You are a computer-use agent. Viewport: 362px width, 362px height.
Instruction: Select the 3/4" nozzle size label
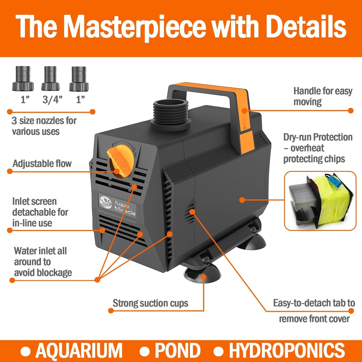click(x=52, y=100)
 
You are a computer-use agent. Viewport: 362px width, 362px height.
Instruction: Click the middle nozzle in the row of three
click(x=51, y=78)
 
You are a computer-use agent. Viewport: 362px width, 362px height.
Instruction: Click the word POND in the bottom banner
click(x=177, y=350)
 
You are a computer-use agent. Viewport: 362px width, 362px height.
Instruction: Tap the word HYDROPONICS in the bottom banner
click(x=287, y=350)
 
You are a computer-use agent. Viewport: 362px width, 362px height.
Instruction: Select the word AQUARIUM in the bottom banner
click(x=79, y=350)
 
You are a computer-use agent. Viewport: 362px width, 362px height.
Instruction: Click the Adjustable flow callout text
click(x=42, y=164)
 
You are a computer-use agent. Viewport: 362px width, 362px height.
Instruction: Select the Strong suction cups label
click(x=150, y=303)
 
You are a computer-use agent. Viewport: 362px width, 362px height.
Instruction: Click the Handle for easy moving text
click(x=323, y=96)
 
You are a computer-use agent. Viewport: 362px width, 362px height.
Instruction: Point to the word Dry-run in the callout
click(x=297, y=137)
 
